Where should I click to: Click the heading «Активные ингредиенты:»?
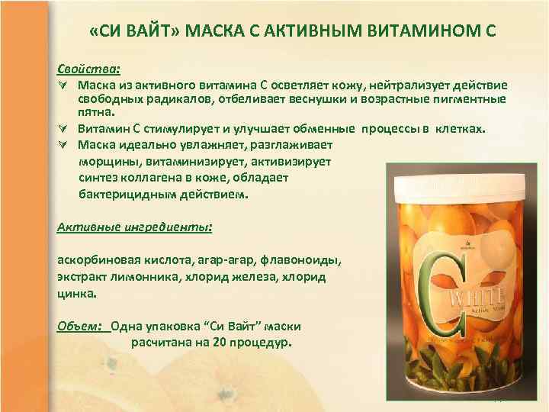(x=135, y=227)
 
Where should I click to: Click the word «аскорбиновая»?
(x=95, y=260)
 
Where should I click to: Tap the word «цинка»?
(x=76, y=292)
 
